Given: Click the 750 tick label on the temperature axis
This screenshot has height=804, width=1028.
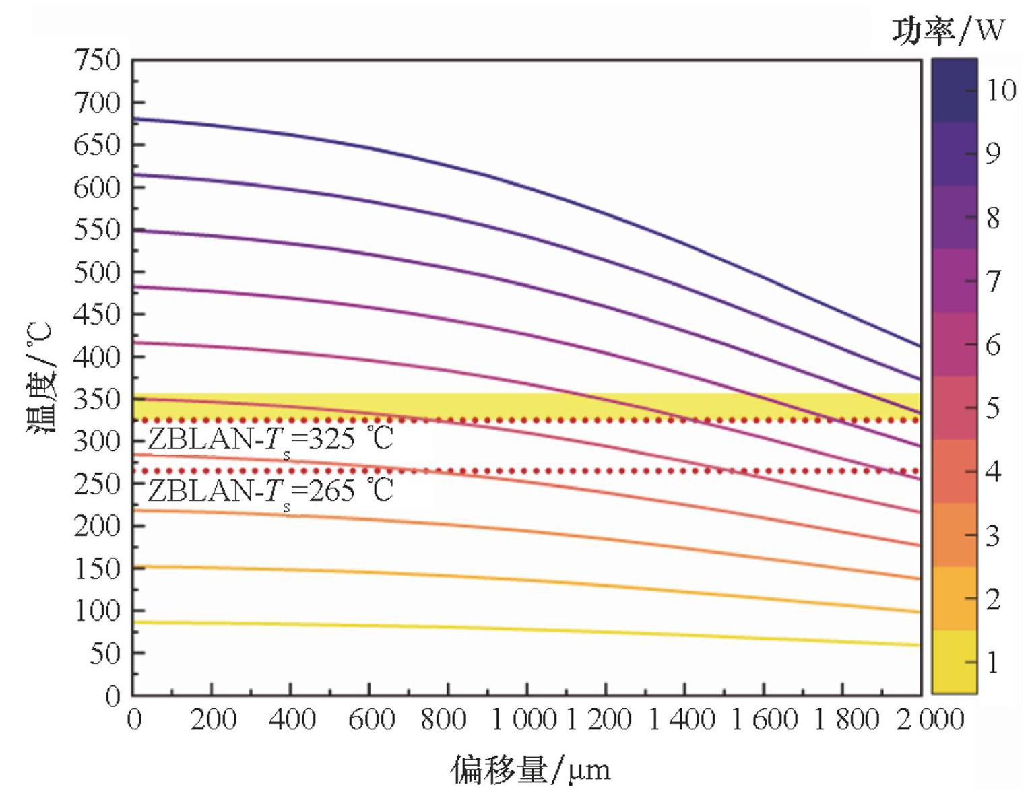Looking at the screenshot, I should (96, 61).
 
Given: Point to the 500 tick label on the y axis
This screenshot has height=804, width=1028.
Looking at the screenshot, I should (96, 272).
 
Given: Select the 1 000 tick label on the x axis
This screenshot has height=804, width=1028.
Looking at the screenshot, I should (524, 720).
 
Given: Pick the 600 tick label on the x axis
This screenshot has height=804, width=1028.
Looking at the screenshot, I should (371, 720).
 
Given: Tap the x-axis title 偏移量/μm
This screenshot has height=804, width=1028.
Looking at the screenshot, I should (530, 769).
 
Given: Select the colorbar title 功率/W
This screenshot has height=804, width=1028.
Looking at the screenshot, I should (948, 30).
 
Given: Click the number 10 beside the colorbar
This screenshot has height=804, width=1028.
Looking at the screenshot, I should (1001, 90).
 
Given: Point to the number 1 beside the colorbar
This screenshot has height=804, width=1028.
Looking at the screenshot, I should (992, 663).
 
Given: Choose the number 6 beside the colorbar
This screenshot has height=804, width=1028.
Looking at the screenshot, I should (993, 345).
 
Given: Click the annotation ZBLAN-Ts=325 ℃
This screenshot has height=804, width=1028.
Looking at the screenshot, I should (270, 440).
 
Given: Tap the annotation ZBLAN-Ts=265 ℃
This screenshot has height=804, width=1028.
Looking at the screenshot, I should (270, 490).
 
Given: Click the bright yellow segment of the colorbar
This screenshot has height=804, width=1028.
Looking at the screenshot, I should (954, 661).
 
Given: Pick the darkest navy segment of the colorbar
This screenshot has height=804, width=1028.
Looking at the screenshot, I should (954, 90).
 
